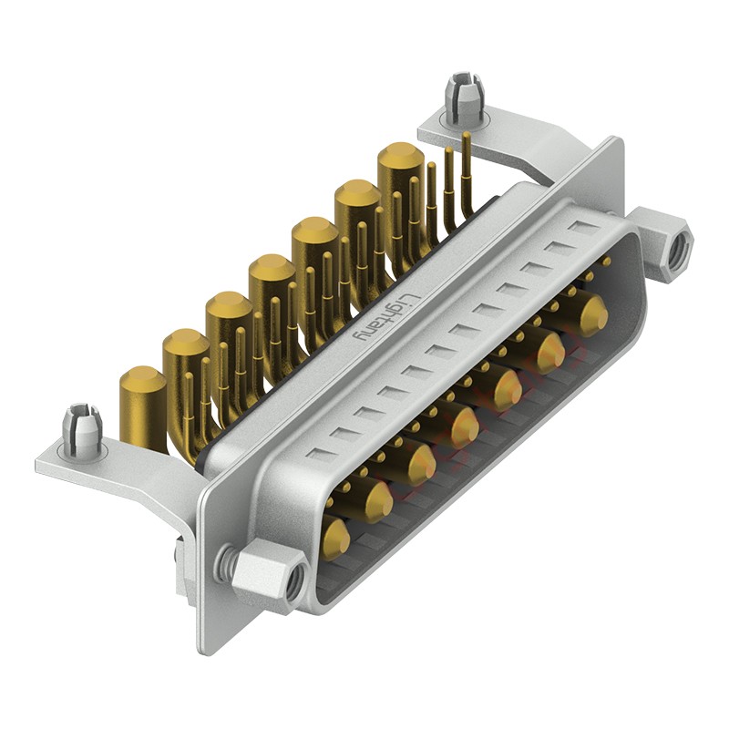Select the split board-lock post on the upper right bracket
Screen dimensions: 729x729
pyautogui.click(x=462, y=101)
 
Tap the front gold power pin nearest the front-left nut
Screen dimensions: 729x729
pyautogui.click(x=335, y=539)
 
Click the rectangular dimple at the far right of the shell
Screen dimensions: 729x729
pyautogui.click(x=581, y=225)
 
